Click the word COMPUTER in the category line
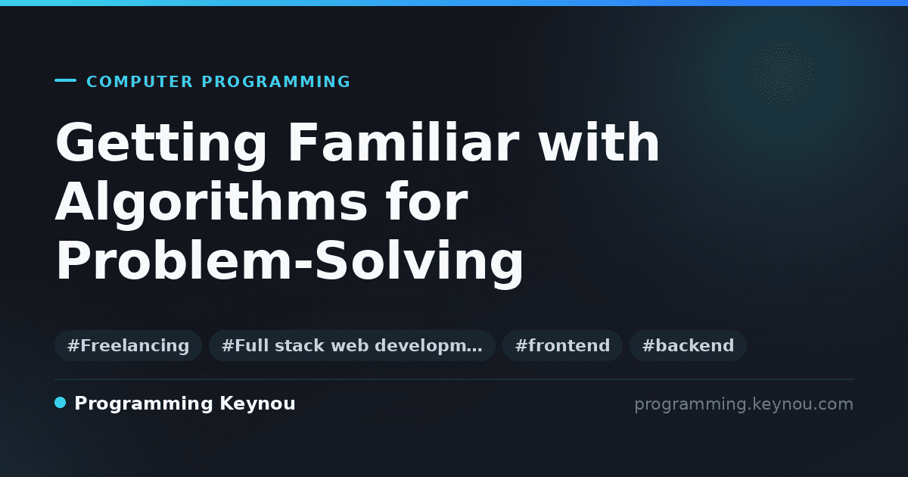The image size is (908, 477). [x=139, y=82]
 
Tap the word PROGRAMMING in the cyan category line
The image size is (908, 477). [x=275, y=82]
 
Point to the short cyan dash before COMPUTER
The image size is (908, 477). [x=65, y=80]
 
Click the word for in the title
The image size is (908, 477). [x=427, y=201]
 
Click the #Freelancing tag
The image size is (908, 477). [x=128, y=345]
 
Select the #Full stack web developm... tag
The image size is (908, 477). [x=352, y=345]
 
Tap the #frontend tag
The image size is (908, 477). [x=562, y=345]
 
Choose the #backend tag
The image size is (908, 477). [x=688, y=345]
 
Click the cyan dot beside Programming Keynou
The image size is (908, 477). [x=60, y=403]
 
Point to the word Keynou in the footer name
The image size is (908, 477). [x=257, y=404]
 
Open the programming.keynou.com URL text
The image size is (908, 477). [x=744, y=405]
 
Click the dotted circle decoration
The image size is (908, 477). [x=781, y=75]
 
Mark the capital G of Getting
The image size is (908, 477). [x=75, y=142]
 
